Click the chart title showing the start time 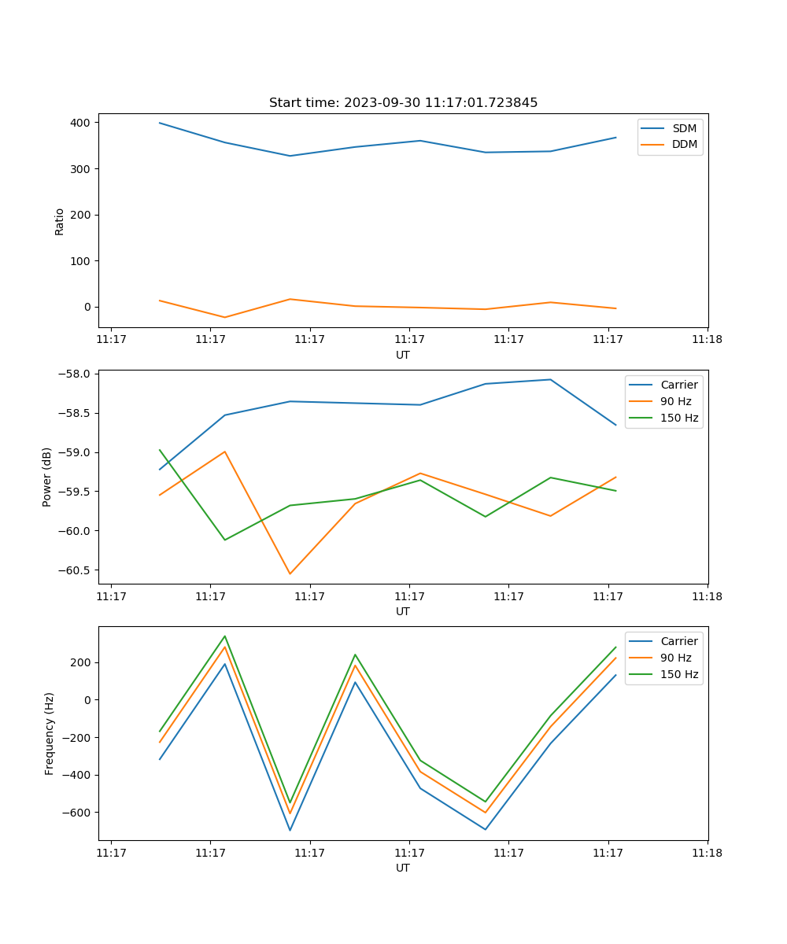[403, 103]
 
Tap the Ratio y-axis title [60, 221]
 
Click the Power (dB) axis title [47, 477]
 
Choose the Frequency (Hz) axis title [49, 733]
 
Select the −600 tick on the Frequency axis [77, 813]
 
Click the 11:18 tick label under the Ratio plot [707, 340]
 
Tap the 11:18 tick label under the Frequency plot [707, 853]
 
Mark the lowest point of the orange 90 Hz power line [290, 573]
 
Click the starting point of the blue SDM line [160, 123]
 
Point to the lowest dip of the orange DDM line [225, 317]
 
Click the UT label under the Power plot [403, 611]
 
